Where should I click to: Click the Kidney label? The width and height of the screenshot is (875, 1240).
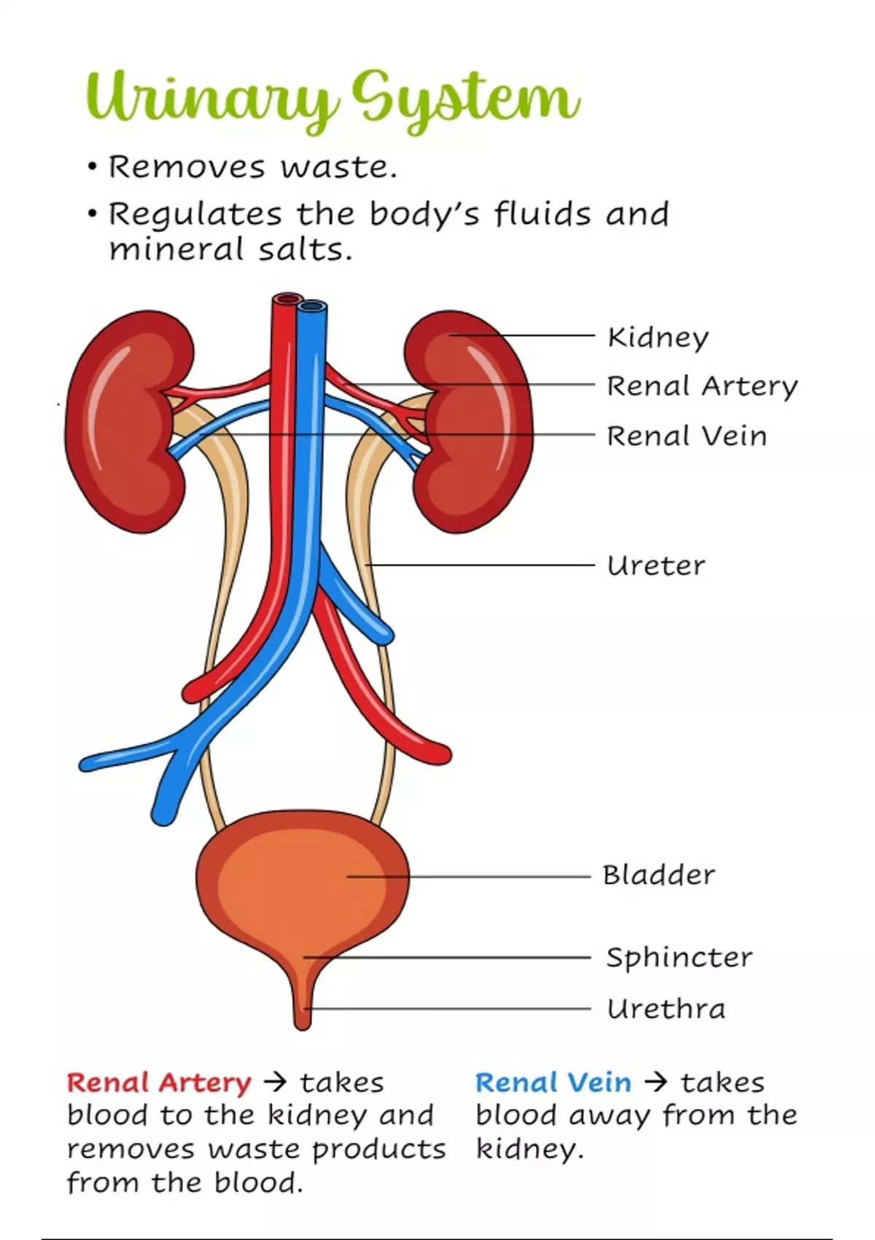(657, 338)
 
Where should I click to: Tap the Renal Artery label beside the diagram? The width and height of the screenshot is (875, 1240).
(701, 386)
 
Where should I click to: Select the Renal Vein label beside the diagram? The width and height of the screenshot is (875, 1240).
(686, 436)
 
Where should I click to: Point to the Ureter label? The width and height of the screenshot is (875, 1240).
(656, 565)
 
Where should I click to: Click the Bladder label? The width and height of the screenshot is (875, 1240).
(658, 875)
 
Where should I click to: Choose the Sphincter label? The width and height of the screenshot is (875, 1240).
(679, 957)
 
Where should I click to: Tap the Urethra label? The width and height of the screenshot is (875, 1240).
(666, 1010)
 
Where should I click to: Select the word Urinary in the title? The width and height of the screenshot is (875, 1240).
(211, 99)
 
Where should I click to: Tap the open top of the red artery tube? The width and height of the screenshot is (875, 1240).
(287, 299)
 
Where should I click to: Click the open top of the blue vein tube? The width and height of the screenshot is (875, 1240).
(312, 306)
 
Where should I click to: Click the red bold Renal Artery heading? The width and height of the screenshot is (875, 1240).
(159, 1082)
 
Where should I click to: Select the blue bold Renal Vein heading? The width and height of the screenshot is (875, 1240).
(553, 1082)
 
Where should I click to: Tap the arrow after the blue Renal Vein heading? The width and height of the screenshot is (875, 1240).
(656, 1082)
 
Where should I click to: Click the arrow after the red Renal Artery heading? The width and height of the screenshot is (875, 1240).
(276, 1082)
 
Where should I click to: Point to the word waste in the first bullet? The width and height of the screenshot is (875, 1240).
(339, 167)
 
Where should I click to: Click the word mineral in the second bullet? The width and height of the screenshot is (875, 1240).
(176, 249)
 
